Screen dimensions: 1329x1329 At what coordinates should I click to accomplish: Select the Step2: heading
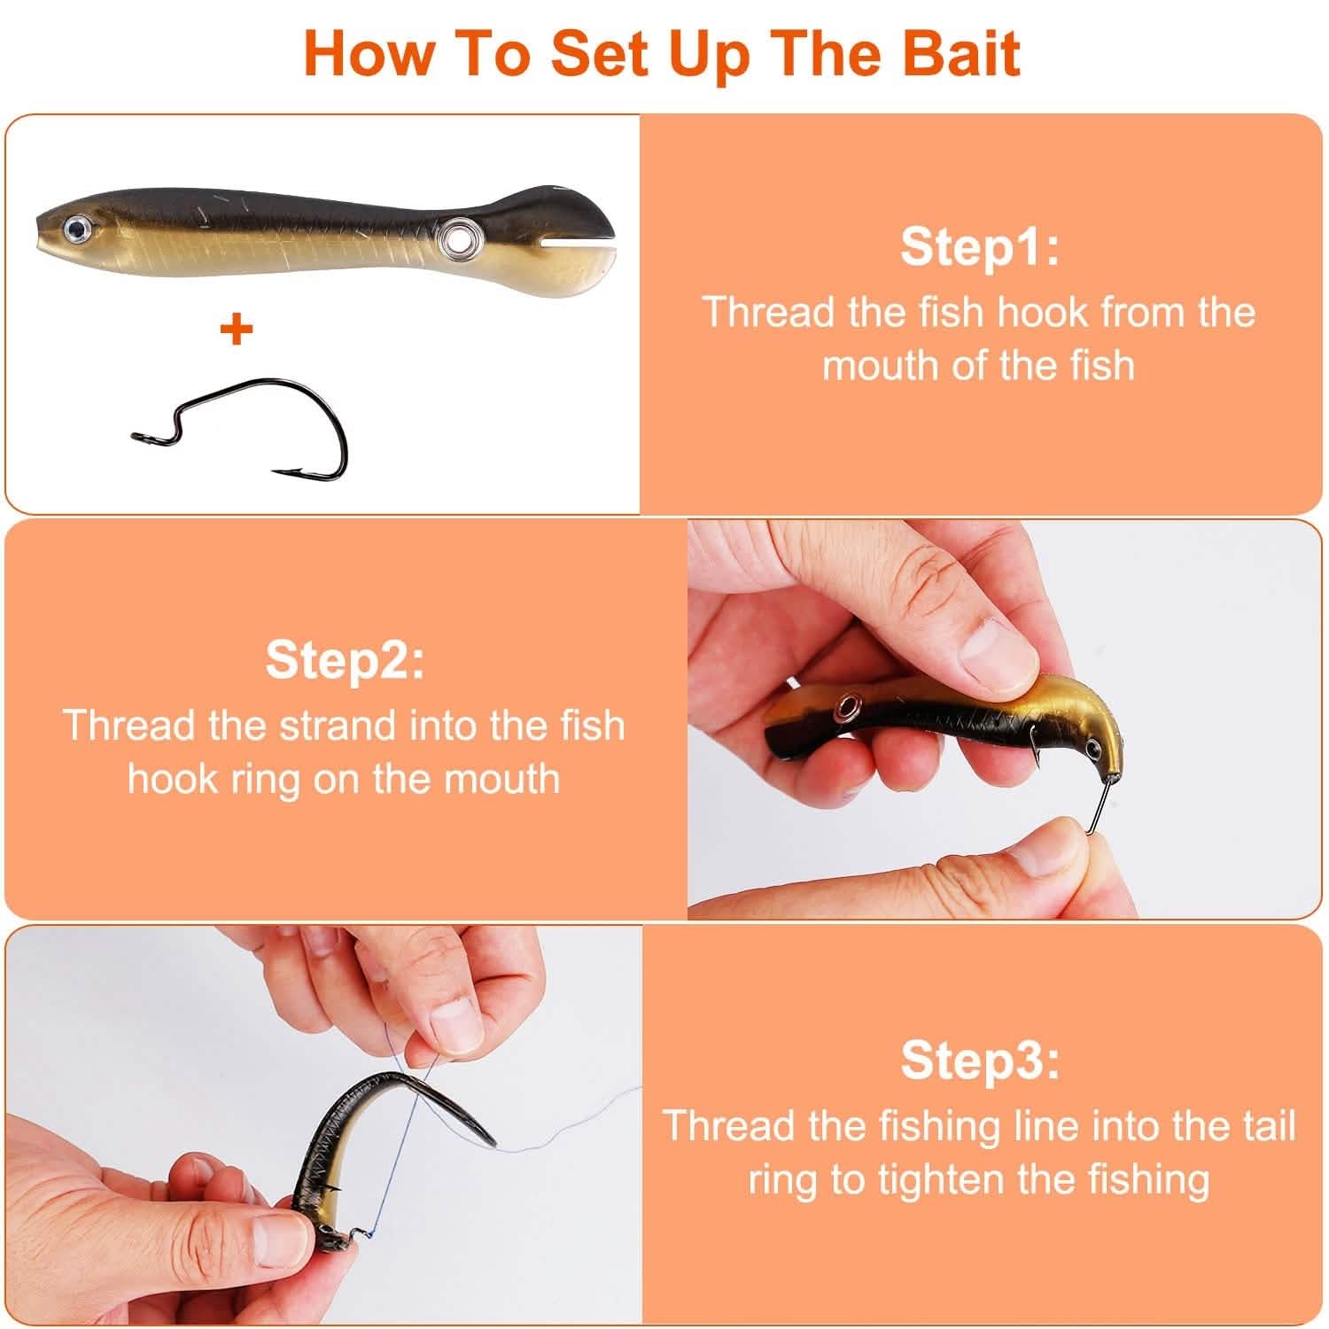(x=344, y=659)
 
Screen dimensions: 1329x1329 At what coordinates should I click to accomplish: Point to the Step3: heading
(x=979, y=1060)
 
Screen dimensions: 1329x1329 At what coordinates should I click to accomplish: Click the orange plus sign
(x=237, y=330)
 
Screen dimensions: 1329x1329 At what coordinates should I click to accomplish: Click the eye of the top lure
(x=74, y=232)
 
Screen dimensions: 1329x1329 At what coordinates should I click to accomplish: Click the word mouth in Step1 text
(x=882, y=365)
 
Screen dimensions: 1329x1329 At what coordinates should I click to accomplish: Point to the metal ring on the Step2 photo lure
(x=851, y=707)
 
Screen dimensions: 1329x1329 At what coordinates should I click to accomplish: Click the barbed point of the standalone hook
(x=282, y=471)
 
